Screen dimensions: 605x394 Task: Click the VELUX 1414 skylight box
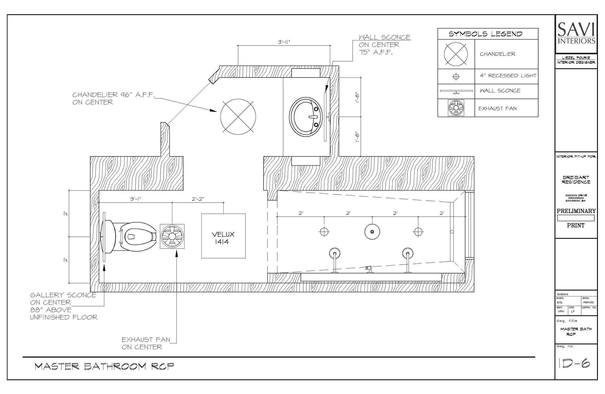click(223, 236)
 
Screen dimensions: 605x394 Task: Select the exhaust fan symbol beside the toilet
click(172, 236)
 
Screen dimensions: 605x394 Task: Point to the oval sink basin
click(305, 117)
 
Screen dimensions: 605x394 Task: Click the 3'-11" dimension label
click(284, 42)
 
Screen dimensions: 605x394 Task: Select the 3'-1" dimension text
click(136, 199)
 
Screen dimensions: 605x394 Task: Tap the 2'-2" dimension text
click(198, 199)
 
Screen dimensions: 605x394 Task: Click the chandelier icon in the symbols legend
click(456, 54)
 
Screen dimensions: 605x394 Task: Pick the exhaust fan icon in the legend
click(456, 108)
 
